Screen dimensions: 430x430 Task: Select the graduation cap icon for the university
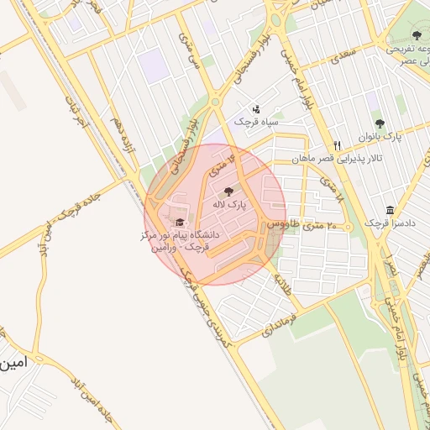(x=177, y=223)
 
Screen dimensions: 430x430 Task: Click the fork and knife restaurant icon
(x=337, y=145)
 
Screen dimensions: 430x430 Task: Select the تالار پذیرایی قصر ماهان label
(x=337, y=158)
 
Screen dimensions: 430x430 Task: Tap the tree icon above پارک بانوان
(x=379, y=123)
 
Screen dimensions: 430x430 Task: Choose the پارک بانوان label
(x=388, y=136)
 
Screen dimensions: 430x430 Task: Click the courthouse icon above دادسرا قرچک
(x=390, y=210)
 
